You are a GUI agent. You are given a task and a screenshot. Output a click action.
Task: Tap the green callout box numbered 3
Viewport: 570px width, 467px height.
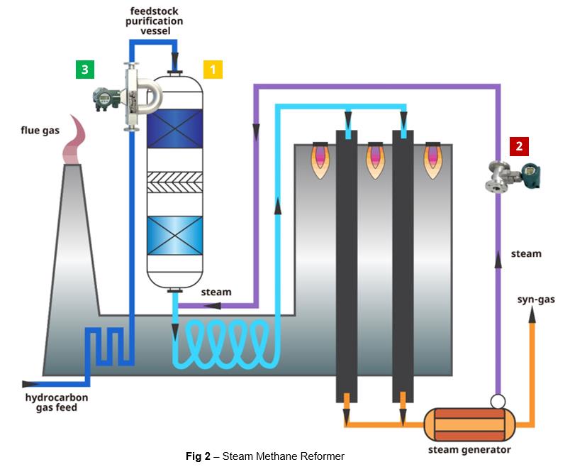(x=85, y=69)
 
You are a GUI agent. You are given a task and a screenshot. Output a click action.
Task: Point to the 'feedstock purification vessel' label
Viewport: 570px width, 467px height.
(x=156, y=21)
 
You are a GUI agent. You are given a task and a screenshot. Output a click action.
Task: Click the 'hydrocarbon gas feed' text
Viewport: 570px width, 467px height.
(x=51, y=402)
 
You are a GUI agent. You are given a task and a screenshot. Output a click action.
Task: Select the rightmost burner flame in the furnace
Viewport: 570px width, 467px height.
(x=432, y=161)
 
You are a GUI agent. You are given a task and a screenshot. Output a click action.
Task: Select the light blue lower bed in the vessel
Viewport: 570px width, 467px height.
(x=174, y=234)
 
